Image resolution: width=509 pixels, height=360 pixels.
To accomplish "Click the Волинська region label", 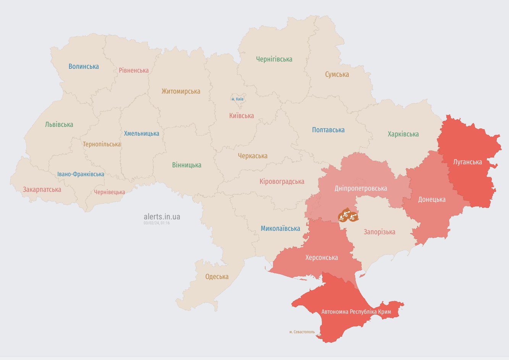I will click(x=84, y=66).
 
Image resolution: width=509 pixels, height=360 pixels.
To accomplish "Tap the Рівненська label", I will click(x=134, y=70).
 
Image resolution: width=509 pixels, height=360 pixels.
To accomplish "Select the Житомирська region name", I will click(x=181, y=91).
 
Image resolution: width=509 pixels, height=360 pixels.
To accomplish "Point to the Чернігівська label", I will click(x=274, y=59).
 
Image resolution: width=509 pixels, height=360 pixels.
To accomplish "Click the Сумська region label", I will click(x=337, y=75).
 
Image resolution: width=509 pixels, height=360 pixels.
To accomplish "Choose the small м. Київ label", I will click(x=238, y=99).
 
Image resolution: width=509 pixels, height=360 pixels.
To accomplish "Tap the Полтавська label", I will click(x=328, y=130).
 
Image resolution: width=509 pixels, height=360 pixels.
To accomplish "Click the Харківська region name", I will click(x=403, y=134).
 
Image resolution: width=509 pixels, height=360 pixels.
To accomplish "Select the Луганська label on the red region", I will click(x=467, y=162).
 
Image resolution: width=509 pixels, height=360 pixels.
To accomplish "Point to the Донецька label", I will click(x=431, y=199).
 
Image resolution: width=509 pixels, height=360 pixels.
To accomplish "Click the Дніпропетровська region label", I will click(x=360, y=188).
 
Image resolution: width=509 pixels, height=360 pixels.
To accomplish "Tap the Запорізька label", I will click(x=379, y=232).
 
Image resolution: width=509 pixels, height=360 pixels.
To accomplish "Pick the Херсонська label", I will click(x=322, y=258).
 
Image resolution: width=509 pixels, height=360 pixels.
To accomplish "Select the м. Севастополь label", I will click(x=302, y=332).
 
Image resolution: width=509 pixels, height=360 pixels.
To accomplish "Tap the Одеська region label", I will click(x=217, y=277).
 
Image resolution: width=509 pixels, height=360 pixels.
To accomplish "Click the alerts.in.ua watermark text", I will click(x=162, y=217).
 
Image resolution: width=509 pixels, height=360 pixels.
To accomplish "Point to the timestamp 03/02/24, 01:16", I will click(x=157, y=223).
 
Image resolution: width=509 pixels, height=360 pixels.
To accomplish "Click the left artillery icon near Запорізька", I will click(x=344, y=216).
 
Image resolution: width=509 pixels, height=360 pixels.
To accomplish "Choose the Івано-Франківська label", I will click(x=81, y=174).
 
